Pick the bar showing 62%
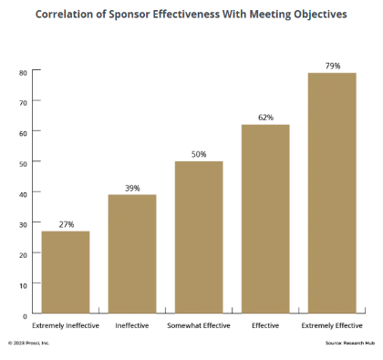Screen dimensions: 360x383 pos(265,219)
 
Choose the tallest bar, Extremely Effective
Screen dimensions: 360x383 pos(332,193)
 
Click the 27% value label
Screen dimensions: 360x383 pos(66,224)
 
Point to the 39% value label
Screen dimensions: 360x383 pos(132,188)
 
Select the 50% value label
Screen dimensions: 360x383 pos(199,154)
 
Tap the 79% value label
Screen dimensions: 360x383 pos(332,66)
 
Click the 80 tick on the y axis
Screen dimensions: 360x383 pos(23,71)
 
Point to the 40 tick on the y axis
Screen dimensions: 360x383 pos(23,192)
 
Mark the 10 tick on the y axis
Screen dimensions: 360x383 pos(23,284)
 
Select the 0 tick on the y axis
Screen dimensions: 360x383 pos(25,315)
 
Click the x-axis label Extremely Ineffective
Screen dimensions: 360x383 pos(66,325)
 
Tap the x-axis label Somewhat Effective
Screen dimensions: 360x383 pos(199,325)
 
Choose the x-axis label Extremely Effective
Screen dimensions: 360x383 pos(332,325)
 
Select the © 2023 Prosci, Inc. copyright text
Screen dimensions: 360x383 pos(29,344)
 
